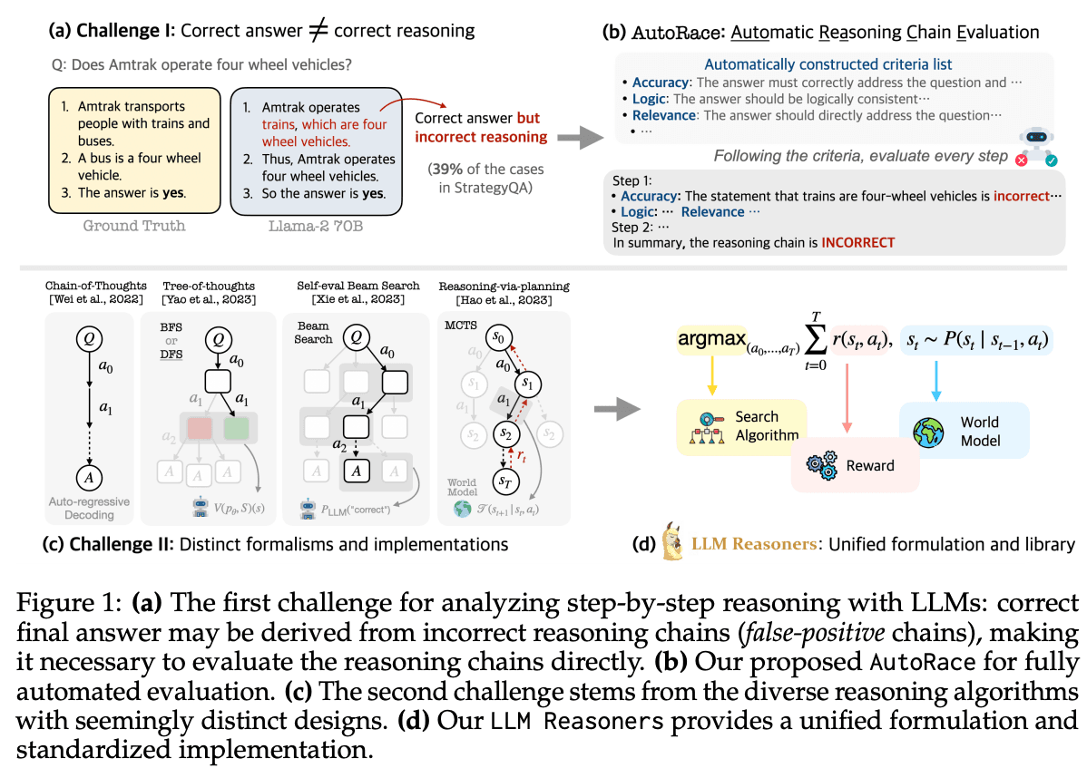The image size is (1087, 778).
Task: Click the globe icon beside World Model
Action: [928, 433]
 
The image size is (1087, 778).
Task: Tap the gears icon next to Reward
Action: [822, 465]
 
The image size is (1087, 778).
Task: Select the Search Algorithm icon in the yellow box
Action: [707, 427]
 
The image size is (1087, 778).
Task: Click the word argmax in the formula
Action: [712, 339]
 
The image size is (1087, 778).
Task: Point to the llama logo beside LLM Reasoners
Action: [671, 541]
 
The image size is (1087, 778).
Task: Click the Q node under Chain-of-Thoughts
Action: [89, 339]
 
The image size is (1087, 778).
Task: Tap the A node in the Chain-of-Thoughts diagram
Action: [89, 477]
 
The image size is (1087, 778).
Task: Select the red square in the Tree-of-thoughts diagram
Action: [199, 427]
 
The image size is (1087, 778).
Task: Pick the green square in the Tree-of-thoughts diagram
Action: [237, 427]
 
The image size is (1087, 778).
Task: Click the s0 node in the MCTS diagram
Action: [498, 337]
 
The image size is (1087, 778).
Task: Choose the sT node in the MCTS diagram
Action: [505, 481]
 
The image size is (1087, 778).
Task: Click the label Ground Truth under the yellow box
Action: [133, 226]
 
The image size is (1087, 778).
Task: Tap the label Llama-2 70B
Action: [316, 226]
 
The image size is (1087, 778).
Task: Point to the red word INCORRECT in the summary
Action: [857, 242]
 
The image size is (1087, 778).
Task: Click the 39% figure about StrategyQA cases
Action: [446, 169]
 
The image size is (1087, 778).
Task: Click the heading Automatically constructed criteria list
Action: [827, 64]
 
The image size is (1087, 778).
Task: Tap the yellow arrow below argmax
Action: [711, 376]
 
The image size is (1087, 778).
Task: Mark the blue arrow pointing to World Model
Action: [935, 380]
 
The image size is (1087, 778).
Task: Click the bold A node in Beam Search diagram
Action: [357, 472]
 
